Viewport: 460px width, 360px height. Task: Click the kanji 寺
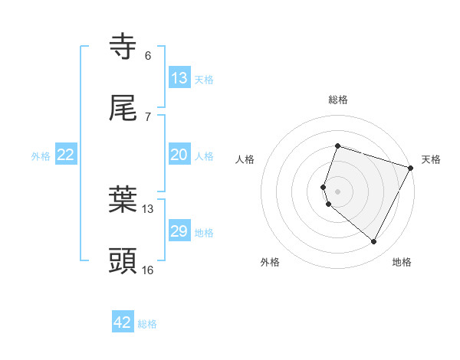pyautogui.click(x=123, y=47)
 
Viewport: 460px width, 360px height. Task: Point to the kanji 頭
pyautogui.click(x=123, y=261)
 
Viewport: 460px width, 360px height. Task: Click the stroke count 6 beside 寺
pyautogui.click(x=148, y=56)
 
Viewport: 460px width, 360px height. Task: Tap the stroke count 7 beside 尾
pyautogui.click(x=148, y=117)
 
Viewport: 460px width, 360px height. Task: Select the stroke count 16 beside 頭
pyautogui.click(x=148, y=270)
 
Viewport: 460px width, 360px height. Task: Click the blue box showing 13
pyautogui.click(x=179, y=78)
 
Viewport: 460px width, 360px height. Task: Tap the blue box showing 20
pyautogui.click(x=179, y=155)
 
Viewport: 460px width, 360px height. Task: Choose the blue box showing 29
pyautogui.click(x=179, y=231)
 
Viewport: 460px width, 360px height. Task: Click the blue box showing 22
pyautogui.click(x=66, y=155)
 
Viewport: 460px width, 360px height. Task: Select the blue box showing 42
pyautogui.click(x=123, y=322)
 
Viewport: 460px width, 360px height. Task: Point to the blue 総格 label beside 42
pyautogui.click(x=147, y=324)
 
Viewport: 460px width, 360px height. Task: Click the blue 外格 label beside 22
pyautogui.click(x=41, y=156)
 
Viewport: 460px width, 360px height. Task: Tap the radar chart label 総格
pyautogui.click(x=337, y=100)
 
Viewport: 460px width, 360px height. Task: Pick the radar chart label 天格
pyautogui.click(x=431, y=159)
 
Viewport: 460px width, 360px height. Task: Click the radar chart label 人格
pyautogui.click(x=245, y=159)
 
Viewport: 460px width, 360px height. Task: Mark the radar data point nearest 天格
pyautogui.click(x=411, y=168)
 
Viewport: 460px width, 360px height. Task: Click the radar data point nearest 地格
pyautogui.click(x=373, y=242)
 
